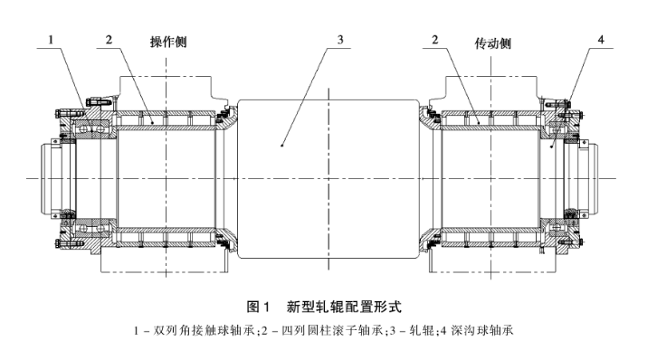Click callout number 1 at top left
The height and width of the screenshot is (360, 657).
[51, 40]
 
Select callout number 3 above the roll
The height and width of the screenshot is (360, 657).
[340, 40]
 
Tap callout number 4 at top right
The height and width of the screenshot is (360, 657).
[601, 40]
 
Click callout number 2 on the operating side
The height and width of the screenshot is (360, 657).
[109, 40]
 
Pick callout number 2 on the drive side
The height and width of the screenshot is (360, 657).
[435, 40]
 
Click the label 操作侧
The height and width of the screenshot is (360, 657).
[168, 43]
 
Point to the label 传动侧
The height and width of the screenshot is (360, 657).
[492, 43]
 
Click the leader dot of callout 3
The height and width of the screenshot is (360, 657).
[282, 146]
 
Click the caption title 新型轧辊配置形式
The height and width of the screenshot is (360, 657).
[344, 307]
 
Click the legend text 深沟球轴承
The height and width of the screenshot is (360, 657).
[482, 331]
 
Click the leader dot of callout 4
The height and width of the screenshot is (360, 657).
[552, 147]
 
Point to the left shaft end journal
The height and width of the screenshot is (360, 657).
[52, 179]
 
